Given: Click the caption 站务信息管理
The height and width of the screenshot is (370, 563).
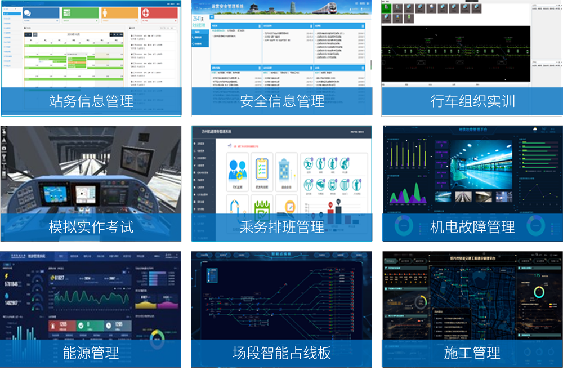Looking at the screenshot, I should (91, 101).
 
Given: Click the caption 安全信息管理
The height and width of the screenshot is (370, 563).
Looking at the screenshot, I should (282, 101).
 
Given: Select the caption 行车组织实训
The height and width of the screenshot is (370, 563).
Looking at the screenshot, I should (472, 101).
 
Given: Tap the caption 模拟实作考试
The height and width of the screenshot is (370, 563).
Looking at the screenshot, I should (91, 227).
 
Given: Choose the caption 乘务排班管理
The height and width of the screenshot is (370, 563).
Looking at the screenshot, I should (282, 227).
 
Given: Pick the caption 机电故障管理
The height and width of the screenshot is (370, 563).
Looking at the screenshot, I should (472, 227).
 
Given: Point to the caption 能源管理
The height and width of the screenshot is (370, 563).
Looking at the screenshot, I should (91, 353).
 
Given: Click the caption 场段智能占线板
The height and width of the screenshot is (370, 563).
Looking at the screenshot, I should (282, 353).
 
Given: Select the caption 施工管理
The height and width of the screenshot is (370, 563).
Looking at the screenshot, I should (472, 353).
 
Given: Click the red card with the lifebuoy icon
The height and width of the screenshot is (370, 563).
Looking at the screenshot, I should (159, 13).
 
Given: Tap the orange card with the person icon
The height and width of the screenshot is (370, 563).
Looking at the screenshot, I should (120, 13).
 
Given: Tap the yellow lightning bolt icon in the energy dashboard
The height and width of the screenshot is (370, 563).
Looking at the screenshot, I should (6, 277).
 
